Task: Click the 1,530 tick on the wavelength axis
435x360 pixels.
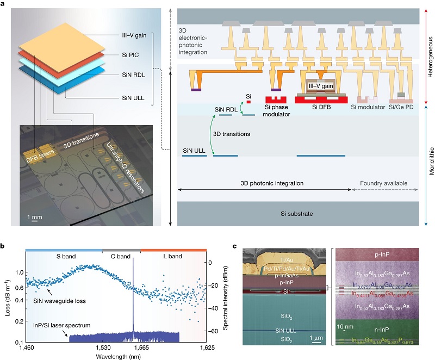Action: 103,346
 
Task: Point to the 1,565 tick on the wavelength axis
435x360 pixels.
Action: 140,346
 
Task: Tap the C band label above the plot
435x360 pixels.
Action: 121,255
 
